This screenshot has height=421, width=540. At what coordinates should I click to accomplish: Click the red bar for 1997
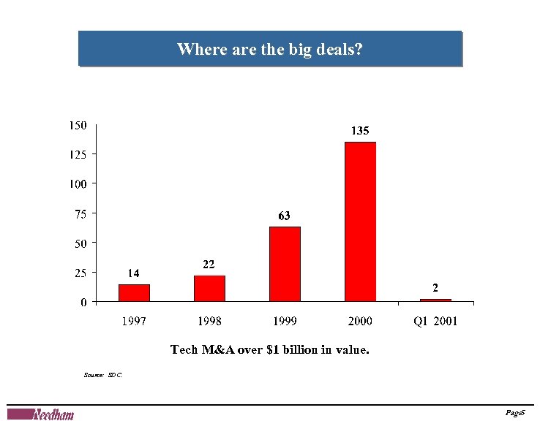click(x=134, y=292)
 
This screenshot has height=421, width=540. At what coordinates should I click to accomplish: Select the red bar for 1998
click(x=209, y=288)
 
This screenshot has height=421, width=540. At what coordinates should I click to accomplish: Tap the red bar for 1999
click(x=285, y=264)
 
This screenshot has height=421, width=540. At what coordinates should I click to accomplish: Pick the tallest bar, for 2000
click(x=360, y=221)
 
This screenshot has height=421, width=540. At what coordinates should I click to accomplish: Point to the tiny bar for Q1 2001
click(x=435, y=300)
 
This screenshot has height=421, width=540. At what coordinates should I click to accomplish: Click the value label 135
click(x=360, y=131)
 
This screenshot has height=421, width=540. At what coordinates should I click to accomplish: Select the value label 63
click(x=284, y=216)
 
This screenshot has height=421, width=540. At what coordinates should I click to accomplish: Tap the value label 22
click(x=209, y=264)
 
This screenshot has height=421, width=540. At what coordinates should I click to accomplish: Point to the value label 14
click(x=133, y=273)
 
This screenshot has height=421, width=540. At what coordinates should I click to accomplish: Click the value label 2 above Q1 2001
click(x=435, y=287)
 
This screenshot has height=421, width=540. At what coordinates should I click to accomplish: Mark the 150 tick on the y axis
click(x=78, y=125)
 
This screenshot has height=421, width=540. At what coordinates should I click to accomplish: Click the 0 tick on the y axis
click(x=83, y=302)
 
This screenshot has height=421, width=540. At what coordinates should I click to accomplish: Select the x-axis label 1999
click(x=285, y=321)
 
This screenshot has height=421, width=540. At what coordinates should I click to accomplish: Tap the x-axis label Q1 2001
click(x=435, y=321)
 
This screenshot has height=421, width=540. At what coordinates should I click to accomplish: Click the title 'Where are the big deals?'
click(x=270, y=49)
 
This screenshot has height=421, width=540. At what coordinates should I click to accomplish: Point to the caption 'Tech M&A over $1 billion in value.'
click(x=270, y=349)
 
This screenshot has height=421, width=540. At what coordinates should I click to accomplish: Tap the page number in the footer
click(x=515, y=414)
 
